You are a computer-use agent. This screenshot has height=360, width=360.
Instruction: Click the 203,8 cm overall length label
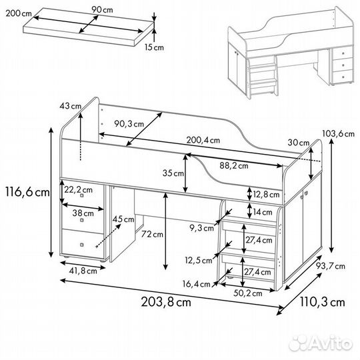pos(166,302)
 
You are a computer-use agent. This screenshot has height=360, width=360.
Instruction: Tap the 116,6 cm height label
pos(27,192)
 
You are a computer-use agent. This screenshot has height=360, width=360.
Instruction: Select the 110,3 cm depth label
pos(323,302)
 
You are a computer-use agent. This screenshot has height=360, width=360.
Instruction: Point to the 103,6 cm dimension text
pos(339,133)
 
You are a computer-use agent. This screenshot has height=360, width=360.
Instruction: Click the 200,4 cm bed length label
pos(203,140)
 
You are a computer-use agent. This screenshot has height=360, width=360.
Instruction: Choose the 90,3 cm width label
pos(129,124)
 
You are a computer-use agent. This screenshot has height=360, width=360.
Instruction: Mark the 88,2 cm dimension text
pos(234,166)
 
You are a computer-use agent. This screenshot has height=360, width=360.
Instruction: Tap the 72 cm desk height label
pos(152,234)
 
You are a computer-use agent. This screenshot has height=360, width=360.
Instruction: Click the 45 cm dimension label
pos(123,219)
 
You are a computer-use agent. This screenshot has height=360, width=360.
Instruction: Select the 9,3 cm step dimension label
pos(201,228)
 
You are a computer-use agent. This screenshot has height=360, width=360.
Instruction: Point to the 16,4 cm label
pos(196,284)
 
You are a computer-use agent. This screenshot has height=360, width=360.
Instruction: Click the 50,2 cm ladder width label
pos(248,293)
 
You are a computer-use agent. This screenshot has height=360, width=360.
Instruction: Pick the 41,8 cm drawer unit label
pos(83,271)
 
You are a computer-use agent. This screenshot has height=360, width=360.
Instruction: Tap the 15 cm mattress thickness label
pos(154,47)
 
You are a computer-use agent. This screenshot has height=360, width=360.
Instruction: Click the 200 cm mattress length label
pos(19,13)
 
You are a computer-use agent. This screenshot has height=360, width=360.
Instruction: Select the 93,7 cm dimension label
pos(331,266)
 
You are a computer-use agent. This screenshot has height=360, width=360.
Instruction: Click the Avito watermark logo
pos(321,344)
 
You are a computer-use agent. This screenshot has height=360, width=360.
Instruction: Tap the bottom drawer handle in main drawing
pos(82,245)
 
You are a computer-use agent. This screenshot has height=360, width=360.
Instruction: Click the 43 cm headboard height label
pos(70,106)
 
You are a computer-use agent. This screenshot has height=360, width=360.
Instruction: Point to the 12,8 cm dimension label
pos(266,195)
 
